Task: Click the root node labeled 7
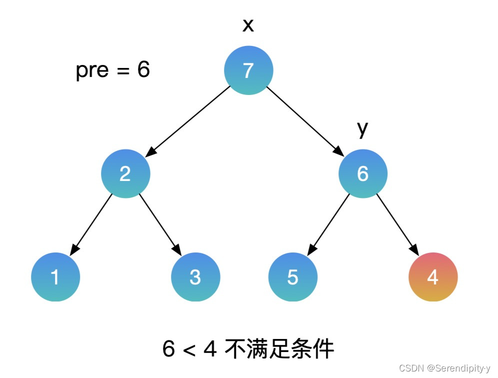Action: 248,70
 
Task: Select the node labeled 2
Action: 125,173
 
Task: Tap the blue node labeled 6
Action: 362,173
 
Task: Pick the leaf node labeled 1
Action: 55,277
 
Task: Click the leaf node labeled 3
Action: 195,277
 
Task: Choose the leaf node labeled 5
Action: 293,277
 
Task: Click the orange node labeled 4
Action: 433,277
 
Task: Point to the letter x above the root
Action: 248,25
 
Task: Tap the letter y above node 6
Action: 362,129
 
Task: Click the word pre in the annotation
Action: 92,70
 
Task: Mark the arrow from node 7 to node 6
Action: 304,120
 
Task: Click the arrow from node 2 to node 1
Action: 92,223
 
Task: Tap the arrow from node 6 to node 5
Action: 329,223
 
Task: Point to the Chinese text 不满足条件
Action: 279,349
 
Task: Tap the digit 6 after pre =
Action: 143,70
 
